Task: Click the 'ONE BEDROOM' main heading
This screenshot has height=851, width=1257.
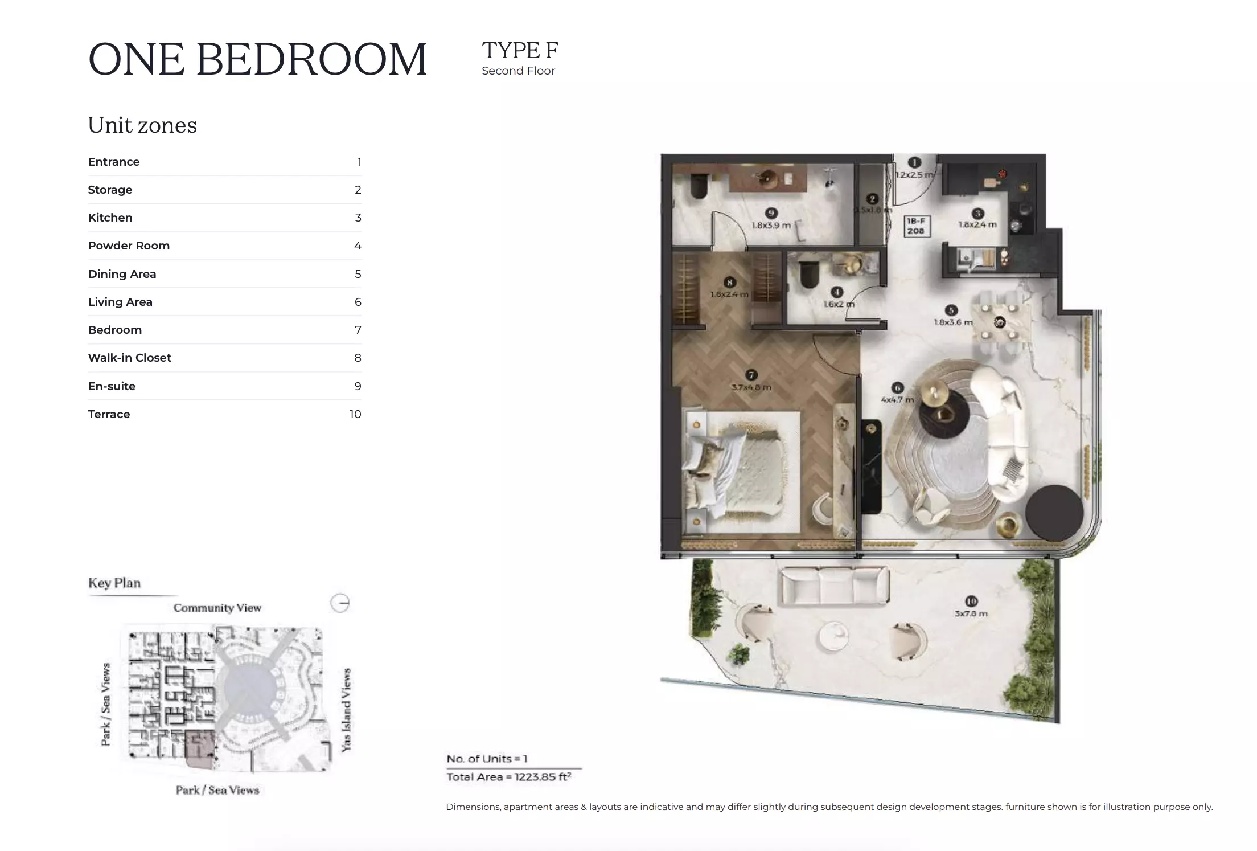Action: [x=257, y=59]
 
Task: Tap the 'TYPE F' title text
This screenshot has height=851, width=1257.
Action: [x=520, y=51]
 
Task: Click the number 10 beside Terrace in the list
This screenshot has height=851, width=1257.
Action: [x=355, y=414]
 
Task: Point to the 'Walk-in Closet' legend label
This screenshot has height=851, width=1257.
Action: [x=129, y=358]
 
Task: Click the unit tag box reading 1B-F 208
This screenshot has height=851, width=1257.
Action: [x=915, y=226]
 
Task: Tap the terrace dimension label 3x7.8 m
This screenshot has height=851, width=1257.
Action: [x=971, y=613]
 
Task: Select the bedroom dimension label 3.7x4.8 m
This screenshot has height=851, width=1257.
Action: [x=751, y=387]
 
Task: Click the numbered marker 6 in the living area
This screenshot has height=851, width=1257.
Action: [x=897, y=388]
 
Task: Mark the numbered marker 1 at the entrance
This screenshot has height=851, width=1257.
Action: [x=914, y=163]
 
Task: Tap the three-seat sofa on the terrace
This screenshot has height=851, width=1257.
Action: [x=835, y=584]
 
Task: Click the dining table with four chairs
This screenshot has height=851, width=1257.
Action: [x=999, y=323]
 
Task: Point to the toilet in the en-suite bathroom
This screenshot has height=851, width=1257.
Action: [x=698, y=186]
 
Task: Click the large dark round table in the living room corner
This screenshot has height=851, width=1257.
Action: [x=1054, y=513]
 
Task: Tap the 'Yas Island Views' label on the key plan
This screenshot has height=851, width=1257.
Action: [x=346, y=710]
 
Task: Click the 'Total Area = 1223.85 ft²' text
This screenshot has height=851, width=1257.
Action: [x=509, y=777]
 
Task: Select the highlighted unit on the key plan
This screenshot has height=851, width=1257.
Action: [x=200, y=748]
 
